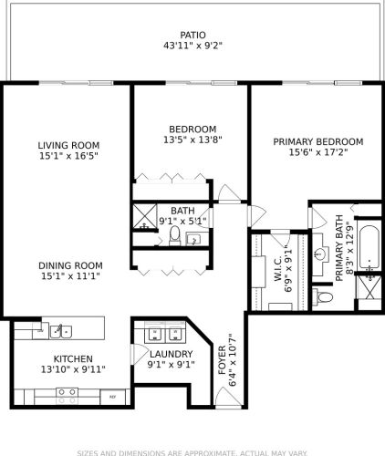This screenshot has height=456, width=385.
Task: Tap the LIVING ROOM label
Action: point(68,145)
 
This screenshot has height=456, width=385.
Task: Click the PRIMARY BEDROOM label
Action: point(318,141)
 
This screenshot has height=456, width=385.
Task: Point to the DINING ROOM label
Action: point(68,265)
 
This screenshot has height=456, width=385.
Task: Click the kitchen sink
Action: point(61,329)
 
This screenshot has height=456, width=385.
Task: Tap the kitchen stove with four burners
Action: point(67,395)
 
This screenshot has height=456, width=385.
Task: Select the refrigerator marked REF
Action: point(113,397)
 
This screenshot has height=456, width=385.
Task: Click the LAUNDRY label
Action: point(171,354)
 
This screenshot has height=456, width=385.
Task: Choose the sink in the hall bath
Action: point(193,239)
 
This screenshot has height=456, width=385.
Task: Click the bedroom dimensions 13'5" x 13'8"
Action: point(192,140)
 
